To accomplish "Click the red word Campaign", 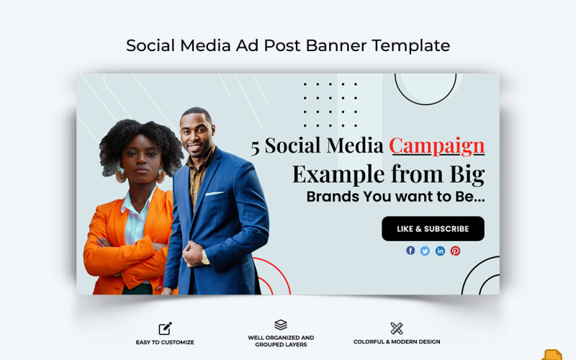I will [x=436, y=145].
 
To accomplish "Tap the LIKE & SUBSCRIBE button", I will [x=433, y=229].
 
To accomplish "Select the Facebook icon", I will [x=410, y=251].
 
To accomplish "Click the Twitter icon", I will [x=425, y=251].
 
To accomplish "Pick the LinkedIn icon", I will [x=440, y=251].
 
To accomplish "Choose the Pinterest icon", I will [x=455, y=251].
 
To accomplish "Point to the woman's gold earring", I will [x=121, y=176].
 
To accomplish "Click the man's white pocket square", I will [x=215, y=193].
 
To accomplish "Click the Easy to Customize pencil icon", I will [x=165, y=328].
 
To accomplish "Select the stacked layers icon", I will [x=281, y=325].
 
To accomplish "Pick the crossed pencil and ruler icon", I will [x=397, y=328].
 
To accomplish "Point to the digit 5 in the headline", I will [x=255, y=147].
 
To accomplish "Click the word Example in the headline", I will [x=338, y=174].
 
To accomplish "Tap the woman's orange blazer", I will [x=108, y=245].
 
